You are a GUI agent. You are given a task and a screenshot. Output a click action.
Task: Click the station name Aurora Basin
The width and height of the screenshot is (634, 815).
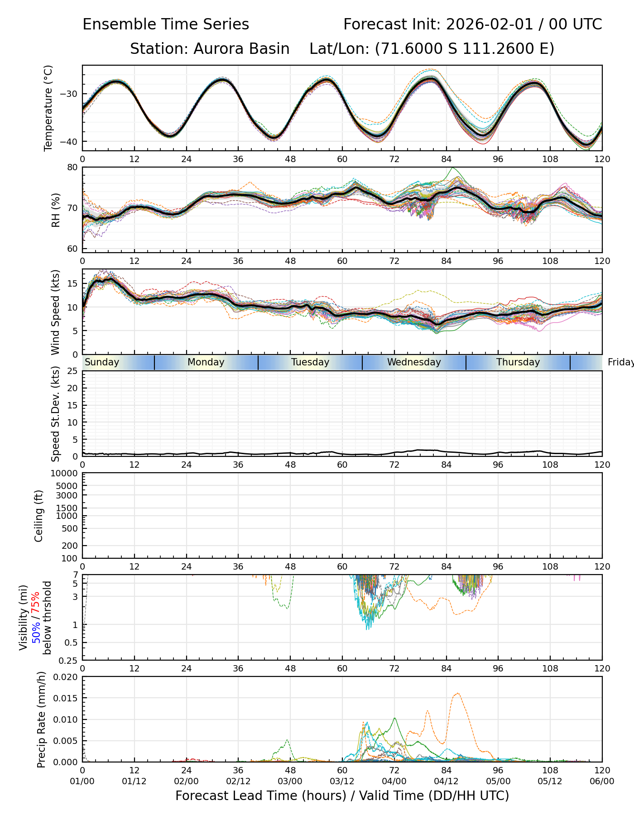(x=241, y=49)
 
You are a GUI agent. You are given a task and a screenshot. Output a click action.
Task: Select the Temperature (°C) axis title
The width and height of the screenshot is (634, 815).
(x=48, y=108)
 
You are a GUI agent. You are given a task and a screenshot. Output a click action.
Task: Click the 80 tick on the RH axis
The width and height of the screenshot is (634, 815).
(x=72, y=167)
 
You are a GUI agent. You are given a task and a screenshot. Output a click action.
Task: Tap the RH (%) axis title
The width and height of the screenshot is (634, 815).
(x=56, y=210)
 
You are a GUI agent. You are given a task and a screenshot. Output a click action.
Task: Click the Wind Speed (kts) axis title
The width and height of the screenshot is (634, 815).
(x=56, y=312)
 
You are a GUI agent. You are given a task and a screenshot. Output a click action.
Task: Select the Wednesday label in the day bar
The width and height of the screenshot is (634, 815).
(x=414, y=362)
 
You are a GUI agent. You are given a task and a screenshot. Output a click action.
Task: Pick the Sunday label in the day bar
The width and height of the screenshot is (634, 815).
(x=102, y=362)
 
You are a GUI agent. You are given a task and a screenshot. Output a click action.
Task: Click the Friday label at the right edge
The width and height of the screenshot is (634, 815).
(x=620, y=362)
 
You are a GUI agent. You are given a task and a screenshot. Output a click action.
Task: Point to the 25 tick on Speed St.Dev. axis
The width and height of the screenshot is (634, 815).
(x=72, y=371)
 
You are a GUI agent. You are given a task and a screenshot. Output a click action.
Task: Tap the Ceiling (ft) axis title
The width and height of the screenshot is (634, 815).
(x=39, y=516)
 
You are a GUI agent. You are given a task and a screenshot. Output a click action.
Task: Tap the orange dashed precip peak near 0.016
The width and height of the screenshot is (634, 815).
(x=457, y=693)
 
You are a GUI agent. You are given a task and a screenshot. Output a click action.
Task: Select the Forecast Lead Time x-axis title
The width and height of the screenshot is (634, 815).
(x=342, y=796)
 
